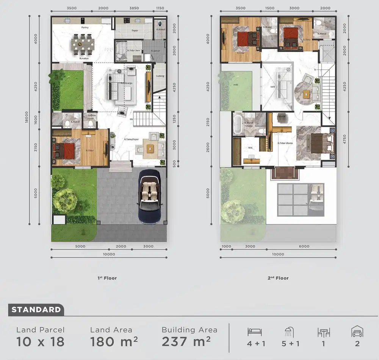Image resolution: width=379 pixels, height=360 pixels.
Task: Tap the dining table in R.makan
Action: pyautogui.click(x=83, y=42)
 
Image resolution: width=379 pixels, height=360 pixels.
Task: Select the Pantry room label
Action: pyautogui.click(x=85, y=28)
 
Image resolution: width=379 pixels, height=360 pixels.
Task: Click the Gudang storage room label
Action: pyautogui.click(x=160, y=76)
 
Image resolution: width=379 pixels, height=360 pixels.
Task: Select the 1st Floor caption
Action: pyautogui.click(x=107, y=278)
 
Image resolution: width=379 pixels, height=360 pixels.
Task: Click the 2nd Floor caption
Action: pyautogui.click(x=279, y=278)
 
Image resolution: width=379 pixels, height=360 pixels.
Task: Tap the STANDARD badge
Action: pyautogui.click(x=36, y=310)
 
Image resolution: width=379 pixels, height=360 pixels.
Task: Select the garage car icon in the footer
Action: pyautogui.click(x=357, y=332)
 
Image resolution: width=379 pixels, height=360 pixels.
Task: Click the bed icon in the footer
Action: pyautogui.click(x=255, y=332)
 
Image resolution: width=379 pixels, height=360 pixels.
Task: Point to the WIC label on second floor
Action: pyautogui.click(x=250, y=148)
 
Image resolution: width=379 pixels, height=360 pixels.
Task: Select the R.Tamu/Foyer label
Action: pyautogui.click(x=131, y=139)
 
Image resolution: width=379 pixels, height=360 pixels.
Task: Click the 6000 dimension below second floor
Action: pyautogui.click(x=304, y=247)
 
